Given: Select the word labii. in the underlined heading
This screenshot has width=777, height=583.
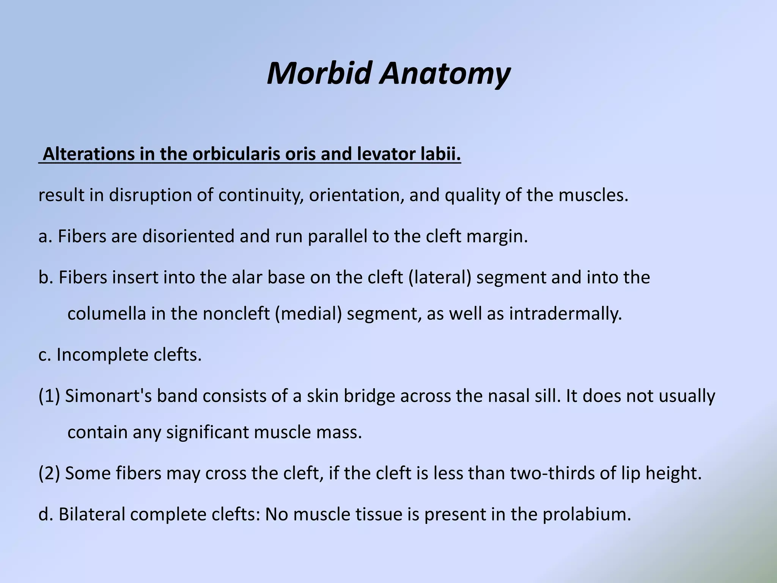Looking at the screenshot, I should tap(441, 154).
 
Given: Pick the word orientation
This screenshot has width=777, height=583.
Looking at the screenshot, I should tap(356, 195).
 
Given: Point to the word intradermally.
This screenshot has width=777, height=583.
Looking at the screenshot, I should tap(565, 314).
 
